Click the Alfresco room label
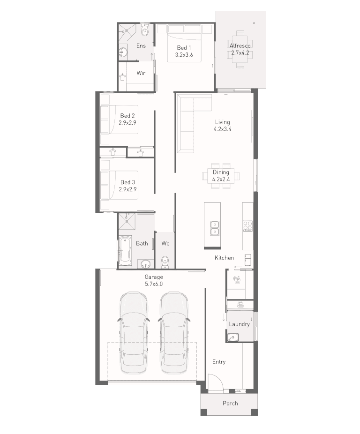point(240,46)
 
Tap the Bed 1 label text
point(184,48)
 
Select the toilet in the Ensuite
point(144,30)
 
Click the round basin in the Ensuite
point(123,52)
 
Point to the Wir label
point(141,73)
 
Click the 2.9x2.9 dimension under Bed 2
point(127,123)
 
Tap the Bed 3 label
point(127,182)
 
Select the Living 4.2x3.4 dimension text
point(222,129)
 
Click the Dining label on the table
point(221,172)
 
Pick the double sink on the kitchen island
point(215,228)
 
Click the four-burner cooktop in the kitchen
point(247,226)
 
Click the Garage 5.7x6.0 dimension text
point(154,284)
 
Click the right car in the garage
point(174,333)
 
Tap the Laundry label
point(239,324)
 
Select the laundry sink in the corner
point(232,337)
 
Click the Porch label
point(230,403)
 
